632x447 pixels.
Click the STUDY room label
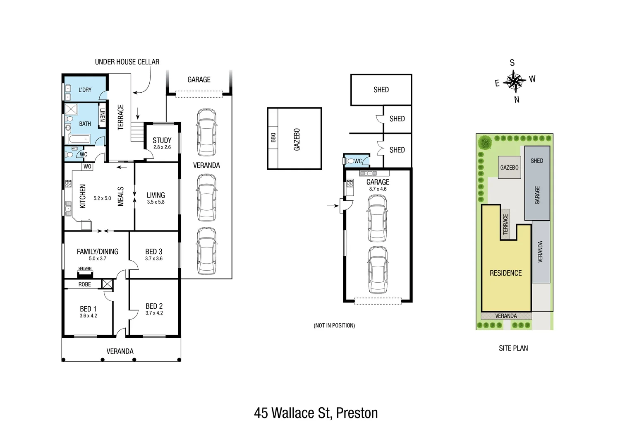tap(162, 140)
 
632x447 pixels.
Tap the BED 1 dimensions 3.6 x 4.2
tap(88, 316)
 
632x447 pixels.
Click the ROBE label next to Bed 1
tap(84, 284)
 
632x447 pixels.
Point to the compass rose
tap(514, 81)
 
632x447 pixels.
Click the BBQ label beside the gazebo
tap(273, 137)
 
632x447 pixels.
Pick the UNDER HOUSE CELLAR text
tap(127, 62)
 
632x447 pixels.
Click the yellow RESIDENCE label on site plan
tap(505, 273)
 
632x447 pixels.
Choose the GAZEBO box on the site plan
tap(509, 168)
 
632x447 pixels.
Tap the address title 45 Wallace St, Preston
tap(316, 413)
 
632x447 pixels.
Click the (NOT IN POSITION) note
tap(334, 325)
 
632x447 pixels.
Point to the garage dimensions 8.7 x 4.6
tap(378, 189)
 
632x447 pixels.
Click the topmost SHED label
tap(381, 90)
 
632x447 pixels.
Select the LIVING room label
tap(156, 195)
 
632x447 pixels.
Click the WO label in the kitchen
tap(87, 167)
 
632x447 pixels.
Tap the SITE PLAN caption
tap(513, 348)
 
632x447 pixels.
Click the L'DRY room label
tap(85, 90)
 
